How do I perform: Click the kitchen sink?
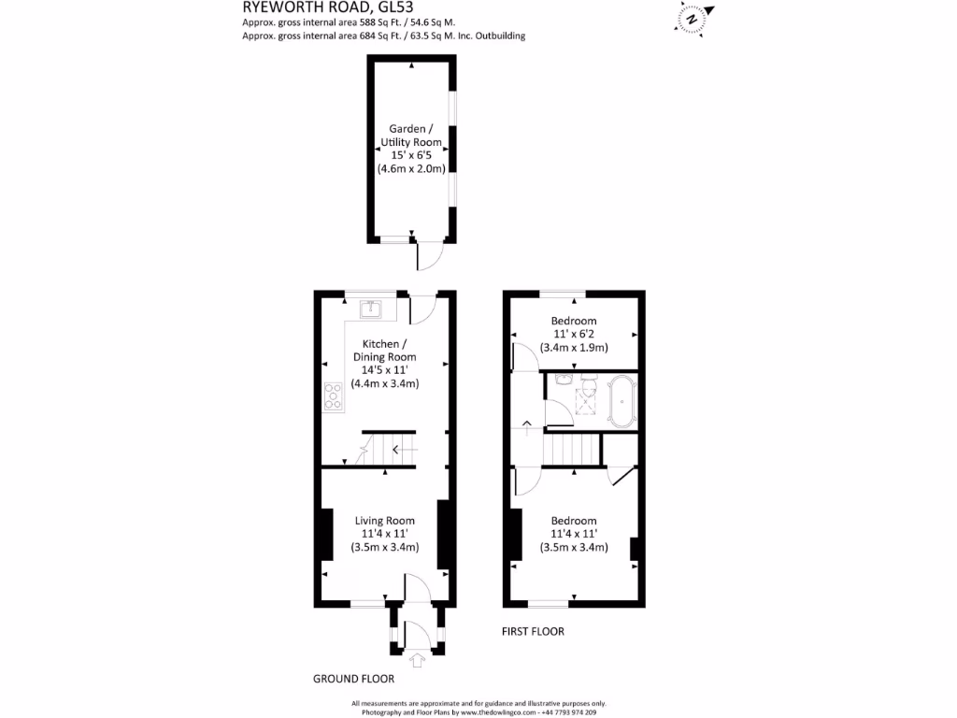click(371, 308)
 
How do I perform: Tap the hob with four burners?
click(333, 398)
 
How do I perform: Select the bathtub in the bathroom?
click(621, 401)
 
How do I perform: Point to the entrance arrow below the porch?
click(417, 661)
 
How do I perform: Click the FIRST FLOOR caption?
click(533, 632)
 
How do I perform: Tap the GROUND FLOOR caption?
click(353, 680)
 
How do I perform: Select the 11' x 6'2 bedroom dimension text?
click(574, 334)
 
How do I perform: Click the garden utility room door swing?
click(432, 255)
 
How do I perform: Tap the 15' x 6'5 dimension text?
click(410, 155)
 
